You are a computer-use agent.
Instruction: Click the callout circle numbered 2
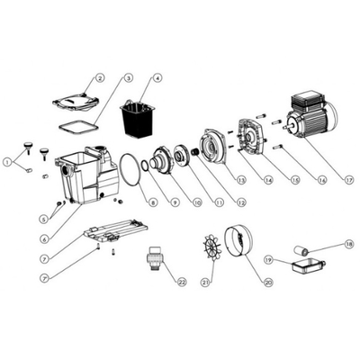click(x=100, y=78)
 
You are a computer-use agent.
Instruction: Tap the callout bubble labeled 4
click(x=157, y=78)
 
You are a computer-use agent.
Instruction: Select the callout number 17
click(x=349, y=181)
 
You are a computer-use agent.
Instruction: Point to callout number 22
click(x=182, y=282)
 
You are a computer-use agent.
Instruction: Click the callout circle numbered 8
click(x=153, y=202)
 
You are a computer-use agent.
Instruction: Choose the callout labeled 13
click(x=241, y=180)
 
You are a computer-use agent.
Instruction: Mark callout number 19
click(x=268, y=260)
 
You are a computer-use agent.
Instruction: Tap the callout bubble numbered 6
click(x=44, y=239)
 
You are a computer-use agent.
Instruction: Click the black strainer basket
click(x=138, y=119)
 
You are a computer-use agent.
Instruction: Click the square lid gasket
click(x=78, y=125)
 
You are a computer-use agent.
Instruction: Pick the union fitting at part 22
click(x=155, y=258)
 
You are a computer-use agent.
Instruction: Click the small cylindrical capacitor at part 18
click(x=301, y=250)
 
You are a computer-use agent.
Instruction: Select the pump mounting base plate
click(x=115, y=230)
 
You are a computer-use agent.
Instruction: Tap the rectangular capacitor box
click(x=308, y=266)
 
